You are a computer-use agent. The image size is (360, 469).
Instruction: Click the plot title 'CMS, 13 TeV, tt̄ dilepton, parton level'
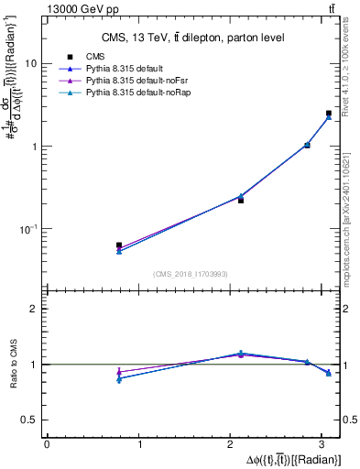[x=192, y=38]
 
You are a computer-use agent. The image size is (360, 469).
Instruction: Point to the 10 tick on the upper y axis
[x=33, y=64]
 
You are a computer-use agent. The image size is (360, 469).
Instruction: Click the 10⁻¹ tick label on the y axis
[x=30, y=229]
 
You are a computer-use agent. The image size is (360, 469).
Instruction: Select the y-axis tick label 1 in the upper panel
[x=36, y=147]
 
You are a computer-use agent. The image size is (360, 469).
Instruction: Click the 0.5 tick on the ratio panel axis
[x=31, y=420]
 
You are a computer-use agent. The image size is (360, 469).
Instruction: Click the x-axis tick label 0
[x=47, y=444]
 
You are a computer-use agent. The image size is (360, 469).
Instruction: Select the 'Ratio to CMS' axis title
[x=14, y=365]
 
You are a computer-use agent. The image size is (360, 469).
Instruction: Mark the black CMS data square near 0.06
[x=119, y=245]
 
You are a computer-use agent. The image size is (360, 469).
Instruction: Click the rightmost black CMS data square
[x=329, y=114]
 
